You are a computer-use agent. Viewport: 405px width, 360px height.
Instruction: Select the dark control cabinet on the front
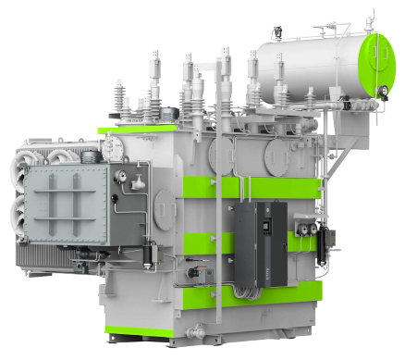click(258, 244)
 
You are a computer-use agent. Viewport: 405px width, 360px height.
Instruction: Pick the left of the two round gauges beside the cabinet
click(298, 226)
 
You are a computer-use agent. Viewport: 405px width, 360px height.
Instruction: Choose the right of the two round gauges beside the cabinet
click(313, 226)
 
